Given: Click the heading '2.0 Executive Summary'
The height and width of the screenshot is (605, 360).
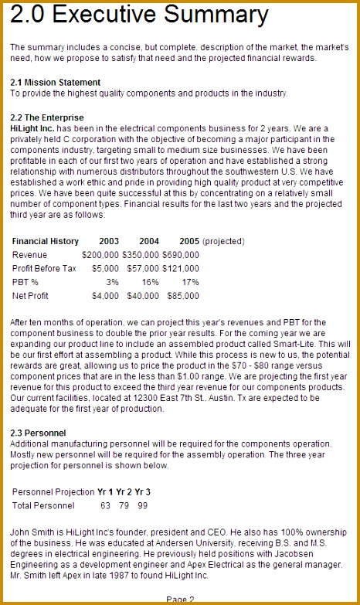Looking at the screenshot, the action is tap(140, 16).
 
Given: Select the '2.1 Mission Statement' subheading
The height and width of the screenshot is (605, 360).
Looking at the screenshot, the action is tap(55, 82).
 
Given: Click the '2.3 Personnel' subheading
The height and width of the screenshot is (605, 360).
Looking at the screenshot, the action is tap(38, 433).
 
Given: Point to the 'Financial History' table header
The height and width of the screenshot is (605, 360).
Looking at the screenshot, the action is tap(46, 241).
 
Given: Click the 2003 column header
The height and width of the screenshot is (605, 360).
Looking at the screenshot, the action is tap(109, 241).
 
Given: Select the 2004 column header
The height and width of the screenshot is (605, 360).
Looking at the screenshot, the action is tap(149, 241).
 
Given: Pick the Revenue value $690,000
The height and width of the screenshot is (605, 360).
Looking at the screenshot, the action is tap(181, 255).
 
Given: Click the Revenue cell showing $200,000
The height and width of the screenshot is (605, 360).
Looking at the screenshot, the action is tap(100, 255).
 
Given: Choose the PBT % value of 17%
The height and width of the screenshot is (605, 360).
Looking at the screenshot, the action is tap(190, 282).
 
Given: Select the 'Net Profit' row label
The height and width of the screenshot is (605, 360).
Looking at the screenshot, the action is tap(30, 296).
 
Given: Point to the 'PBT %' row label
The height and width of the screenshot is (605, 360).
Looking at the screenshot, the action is tap(25, 282).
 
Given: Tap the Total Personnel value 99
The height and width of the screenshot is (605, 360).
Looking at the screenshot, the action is tap(142, 506).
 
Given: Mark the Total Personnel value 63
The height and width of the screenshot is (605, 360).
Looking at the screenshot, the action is tap(106, 506).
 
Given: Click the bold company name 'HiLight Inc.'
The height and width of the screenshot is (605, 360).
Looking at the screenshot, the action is tap(33, 127).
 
